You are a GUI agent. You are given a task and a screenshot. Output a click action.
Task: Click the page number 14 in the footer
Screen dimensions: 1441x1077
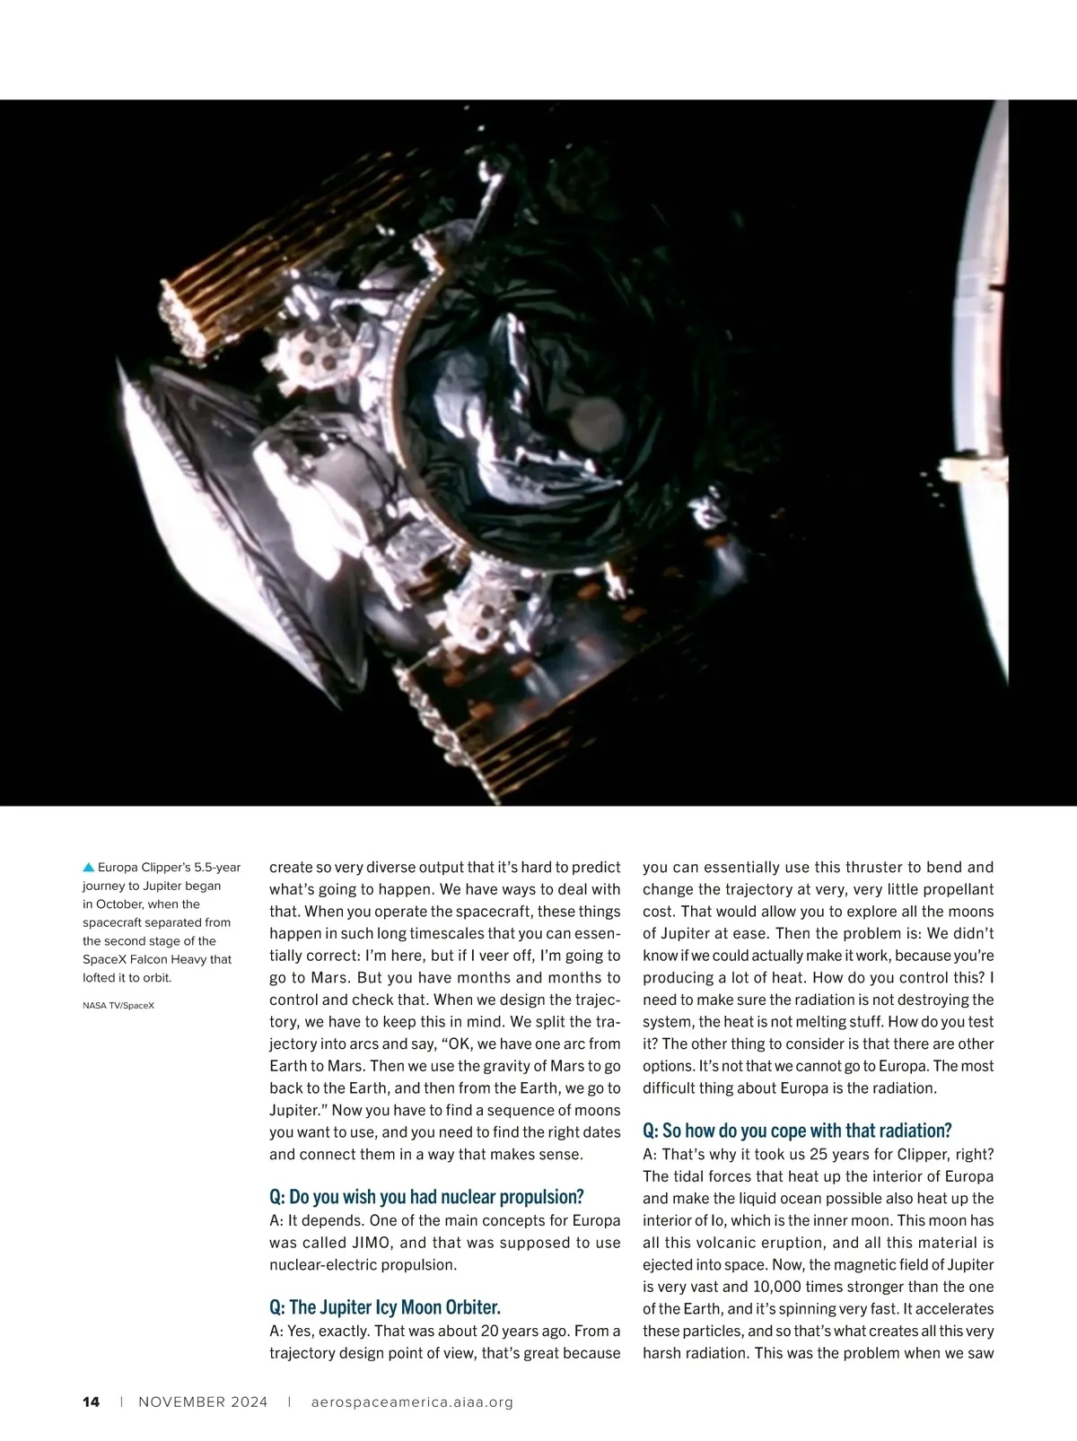(x=91, y=1402)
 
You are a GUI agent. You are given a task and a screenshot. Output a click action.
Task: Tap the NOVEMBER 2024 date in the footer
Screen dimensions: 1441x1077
(x=203, y=1402)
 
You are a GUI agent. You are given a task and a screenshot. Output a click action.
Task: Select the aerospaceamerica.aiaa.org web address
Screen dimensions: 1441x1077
(x=412, y=1402)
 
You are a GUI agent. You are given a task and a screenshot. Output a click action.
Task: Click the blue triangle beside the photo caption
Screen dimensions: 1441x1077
(x=88, y=868)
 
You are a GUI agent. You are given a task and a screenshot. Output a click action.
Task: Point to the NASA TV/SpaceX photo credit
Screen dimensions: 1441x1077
(x=118, y=1006)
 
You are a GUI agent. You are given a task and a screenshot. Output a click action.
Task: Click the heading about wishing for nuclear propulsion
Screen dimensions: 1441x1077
(x=426, y=1196)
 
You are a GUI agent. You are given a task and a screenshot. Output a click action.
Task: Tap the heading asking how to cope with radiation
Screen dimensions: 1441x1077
(x=797, y=1130)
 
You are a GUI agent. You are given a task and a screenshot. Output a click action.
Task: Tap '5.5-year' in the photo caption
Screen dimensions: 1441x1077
(x=216, y=868)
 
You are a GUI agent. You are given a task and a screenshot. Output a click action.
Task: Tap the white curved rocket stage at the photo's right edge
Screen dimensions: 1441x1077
(x=983, y=359)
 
